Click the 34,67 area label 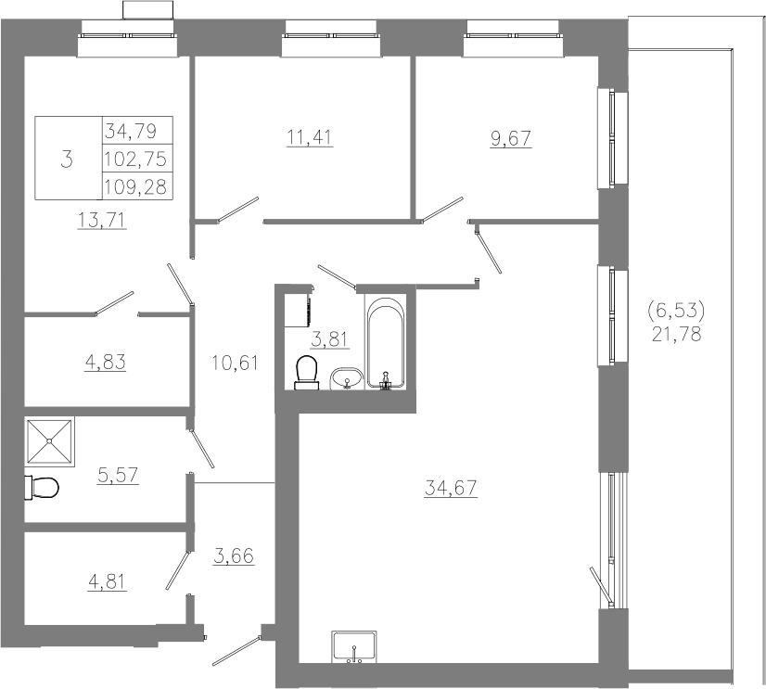[451, 488]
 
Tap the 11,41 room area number [310, 137]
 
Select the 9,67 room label [510, 138]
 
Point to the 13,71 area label [103, 220]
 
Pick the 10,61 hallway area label [235, 363]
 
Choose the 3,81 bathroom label [330, 338]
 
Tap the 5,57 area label [118, 475]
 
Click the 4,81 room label [107, 581]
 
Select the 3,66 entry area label [234, 555]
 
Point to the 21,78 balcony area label [677, 334]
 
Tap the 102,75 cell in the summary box [136, 159]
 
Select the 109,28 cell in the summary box [136, 186]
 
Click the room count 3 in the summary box [67, 159]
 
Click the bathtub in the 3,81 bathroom [386, 344]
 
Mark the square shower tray [49, 441]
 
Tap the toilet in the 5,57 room [42, 487]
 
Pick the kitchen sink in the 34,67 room [353, 647]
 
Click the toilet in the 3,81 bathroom [306, 373]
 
